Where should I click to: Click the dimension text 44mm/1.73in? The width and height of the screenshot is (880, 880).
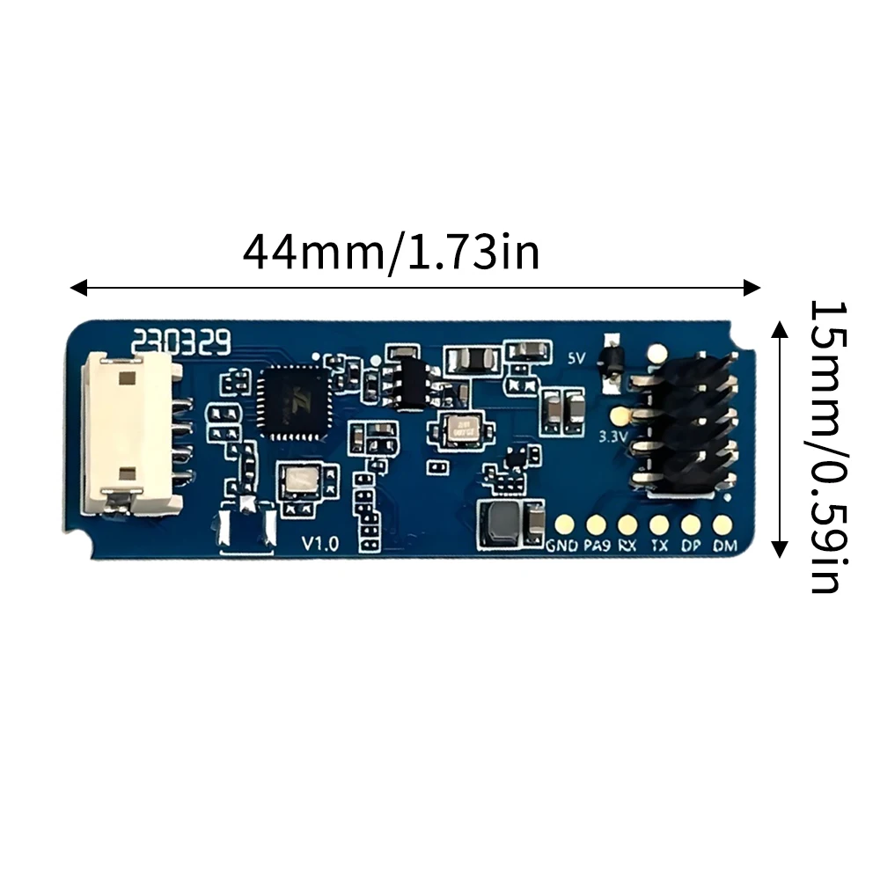[391, 253]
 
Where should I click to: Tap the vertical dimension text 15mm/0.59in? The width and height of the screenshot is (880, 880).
[826, 447]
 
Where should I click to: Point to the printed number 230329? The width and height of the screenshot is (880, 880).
[181, 340]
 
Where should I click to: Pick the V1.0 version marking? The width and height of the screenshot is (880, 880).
[319, 544]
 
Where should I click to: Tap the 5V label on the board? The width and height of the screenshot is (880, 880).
[576, 358]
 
